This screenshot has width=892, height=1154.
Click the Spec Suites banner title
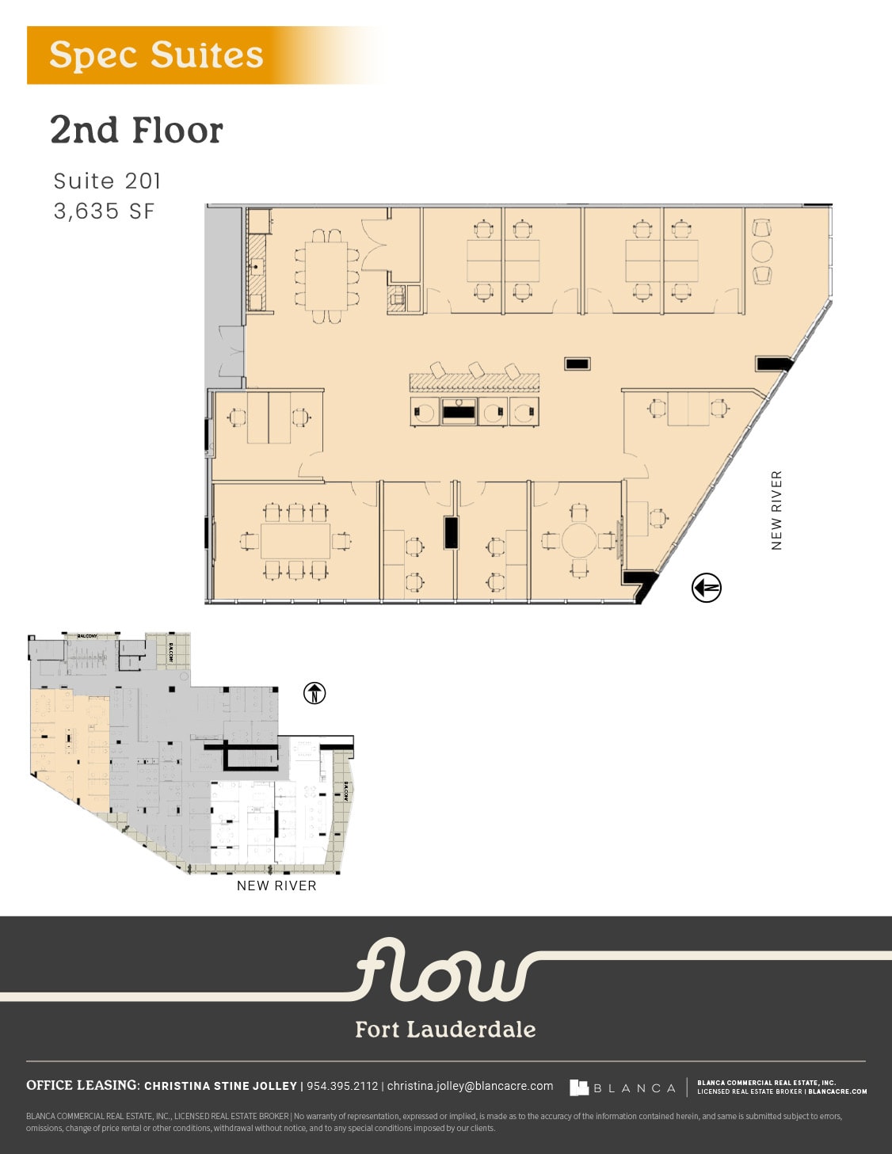click(x=156, y=55)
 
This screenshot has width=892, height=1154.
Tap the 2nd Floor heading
click(x=136, y=131)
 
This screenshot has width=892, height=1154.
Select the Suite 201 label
click(x=107, y=181)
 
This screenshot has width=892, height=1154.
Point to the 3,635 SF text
click(x=104, y=211)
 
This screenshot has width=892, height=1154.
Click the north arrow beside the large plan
click(x=706, y=588)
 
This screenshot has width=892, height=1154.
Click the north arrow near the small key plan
click(x=314, y=693)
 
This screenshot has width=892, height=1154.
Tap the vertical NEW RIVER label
click(x=776, y=510)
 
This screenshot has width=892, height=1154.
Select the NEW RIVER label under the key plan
click(x=276, y=885)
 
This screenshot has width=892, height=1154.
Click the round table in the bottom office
click(x=579, y=540)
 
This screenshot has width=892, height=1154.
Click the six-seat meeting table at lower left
click(x=295, y=542)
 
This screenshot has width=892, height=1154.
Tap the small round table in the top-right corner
click(x=762, y=252)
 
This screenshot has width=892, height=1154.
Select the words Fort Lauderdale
click(x=445, y=1029)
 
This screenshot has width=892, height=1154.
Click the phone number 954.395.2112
click(x=342, y=1086)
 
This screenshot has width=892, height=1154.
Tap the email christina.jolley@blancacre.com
click(x=470, y=1086)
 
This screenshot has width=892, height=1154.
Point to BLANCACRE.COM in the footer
click(x=837, y=1091)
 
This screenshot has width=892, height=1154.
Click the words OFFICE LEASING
click(x=82, y=1085)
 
